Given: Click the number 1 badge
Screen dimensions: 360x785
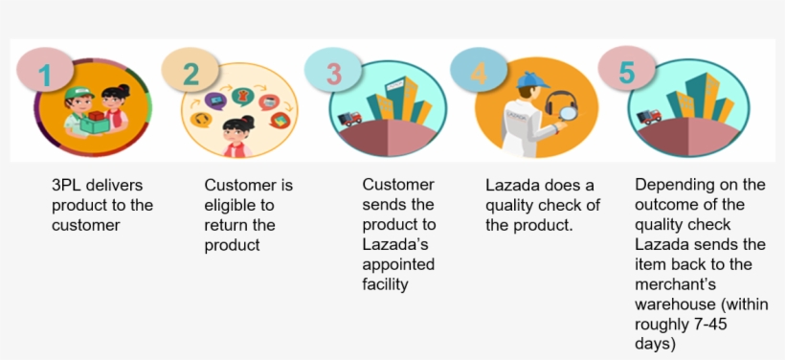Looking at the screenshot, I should click(x=44, y=72).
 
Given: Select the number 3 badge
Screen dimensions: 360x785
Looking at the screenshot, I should click(x=333, y=74).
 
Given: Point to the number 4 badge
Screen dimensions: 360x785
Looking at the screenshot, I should click(x=479, y=74).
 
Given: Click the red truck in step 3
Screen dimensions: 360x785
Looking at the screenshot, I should click(x=350, y=118).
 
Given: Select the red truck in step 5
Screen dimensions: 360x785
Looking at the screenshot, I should click(x=648, y=116).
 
